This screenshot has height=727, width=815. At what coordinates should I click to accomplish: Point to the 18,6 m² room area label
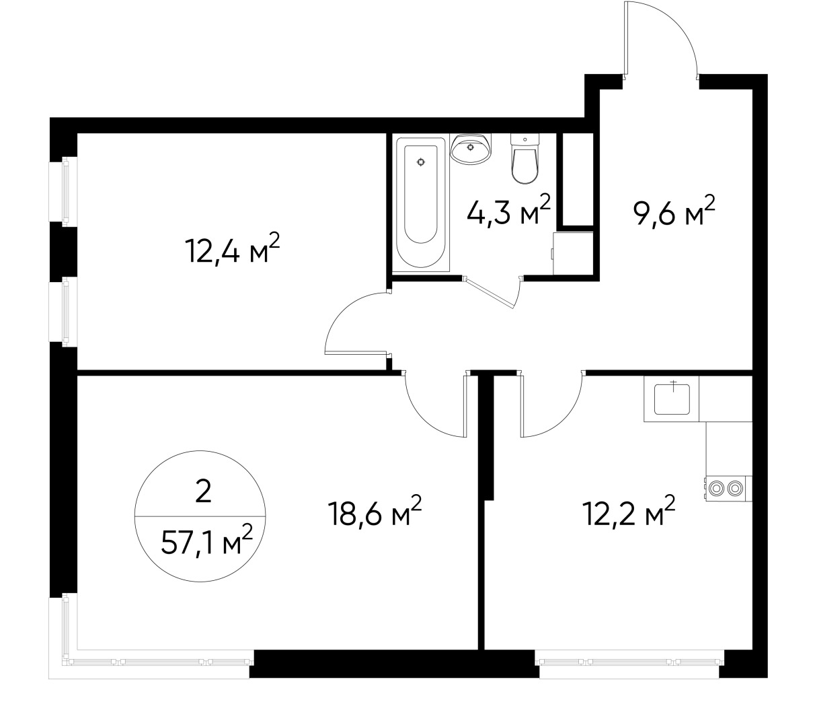[374, 514]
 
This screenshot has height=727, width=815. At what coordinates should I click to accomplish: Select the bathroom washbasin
[471, 148]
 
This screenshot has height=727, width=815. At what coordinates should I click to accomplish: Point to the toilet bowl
[525, 158]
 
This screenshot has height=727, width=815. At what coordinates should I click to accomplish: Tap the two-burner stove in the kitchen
[727, 488]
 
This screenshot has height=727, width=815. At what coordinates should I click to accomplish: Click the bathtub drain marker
[421, 162]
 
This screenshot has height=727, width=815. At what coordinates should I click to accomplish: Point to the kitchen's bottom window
[629, 660]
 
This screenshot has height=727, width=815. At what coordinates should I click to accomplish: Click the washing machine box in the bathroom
[572, 253]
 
